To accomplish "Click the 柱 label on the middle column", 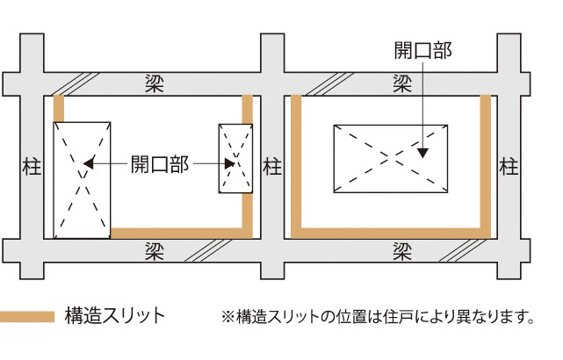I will [272, 166].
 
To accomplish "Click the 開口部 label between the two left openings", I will [159, 163].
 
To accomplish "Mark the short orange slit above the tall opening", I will [59, 108].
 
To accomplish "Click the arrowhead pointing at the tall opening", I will [89, 162].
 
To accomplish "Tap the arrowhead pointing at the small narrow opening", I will [231, 162].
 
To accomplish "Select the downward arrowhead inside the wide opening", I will [423, 151].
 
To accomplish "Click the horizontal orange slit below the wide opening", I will [391, 233].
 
